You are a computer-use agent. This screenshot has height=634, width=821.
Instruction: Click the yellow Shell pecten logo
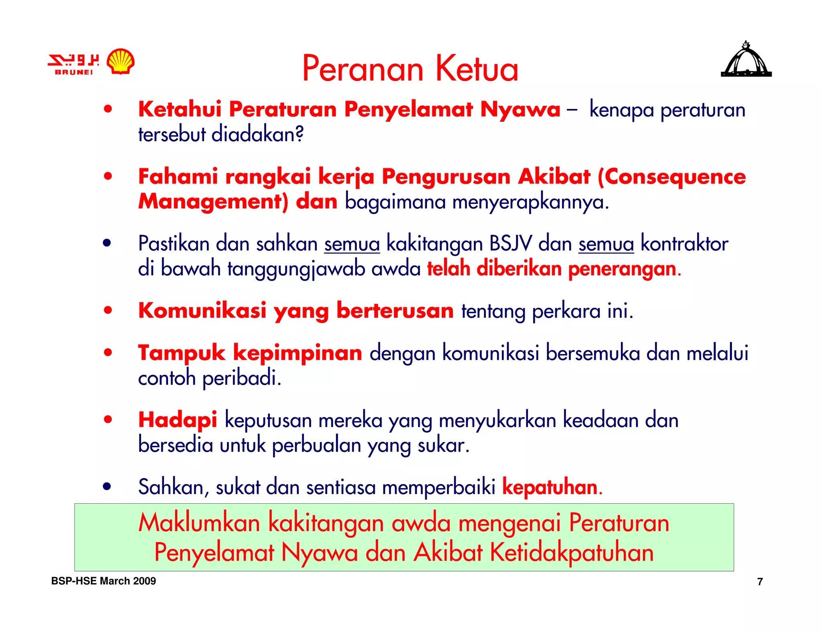click(x=121, y=61)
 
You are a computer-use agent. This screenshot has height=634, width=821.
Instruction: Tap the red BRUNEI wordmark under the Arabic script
click(x=74, y=72)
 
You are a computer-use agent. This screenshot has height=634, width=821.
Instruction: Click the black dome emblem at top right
click(x=746, y=60)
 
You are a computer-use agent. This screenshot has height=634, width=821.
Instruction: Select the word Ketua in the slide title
click(x=477, y=69)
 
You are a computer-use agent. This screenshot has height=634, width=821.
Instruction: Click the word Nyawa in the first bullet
click(x=520, y=109)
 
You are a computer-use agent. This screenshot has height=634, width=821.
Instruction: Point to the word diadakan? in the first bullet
click(x=257, y=134)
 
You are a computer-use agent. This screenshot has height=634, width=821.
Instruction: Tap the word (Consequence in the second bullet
click(x=671, y=177)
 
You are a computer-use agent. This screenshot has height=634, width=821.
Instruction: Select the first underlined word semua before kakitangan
click(x=352, y=244)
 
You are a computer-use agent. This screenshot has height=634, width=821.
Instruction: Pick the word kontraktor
click(x=684, y=244)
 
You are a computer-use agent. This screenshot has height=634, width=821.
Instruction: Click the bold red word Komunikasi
click(x=202, y=311)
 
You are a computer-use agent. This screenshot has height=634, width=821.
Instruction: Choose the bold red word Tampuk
click(x=182, y=353)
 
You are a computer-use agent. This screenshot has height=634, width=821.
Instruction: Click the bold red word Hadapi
click(x=178, y=420)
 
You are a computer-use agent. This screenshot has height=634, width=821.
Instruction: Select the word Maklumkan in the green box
click(x=199, y=523)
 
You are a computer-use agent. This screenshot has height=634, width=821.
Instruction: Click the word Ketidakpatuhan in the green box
click(x=572, y=553)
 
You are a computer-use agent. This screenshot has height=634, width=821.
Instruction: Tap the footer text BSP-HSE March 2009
click(x=103, y=581)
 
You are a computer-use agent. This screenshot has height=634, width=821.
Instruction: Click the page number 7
click(x=760, y=582)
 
